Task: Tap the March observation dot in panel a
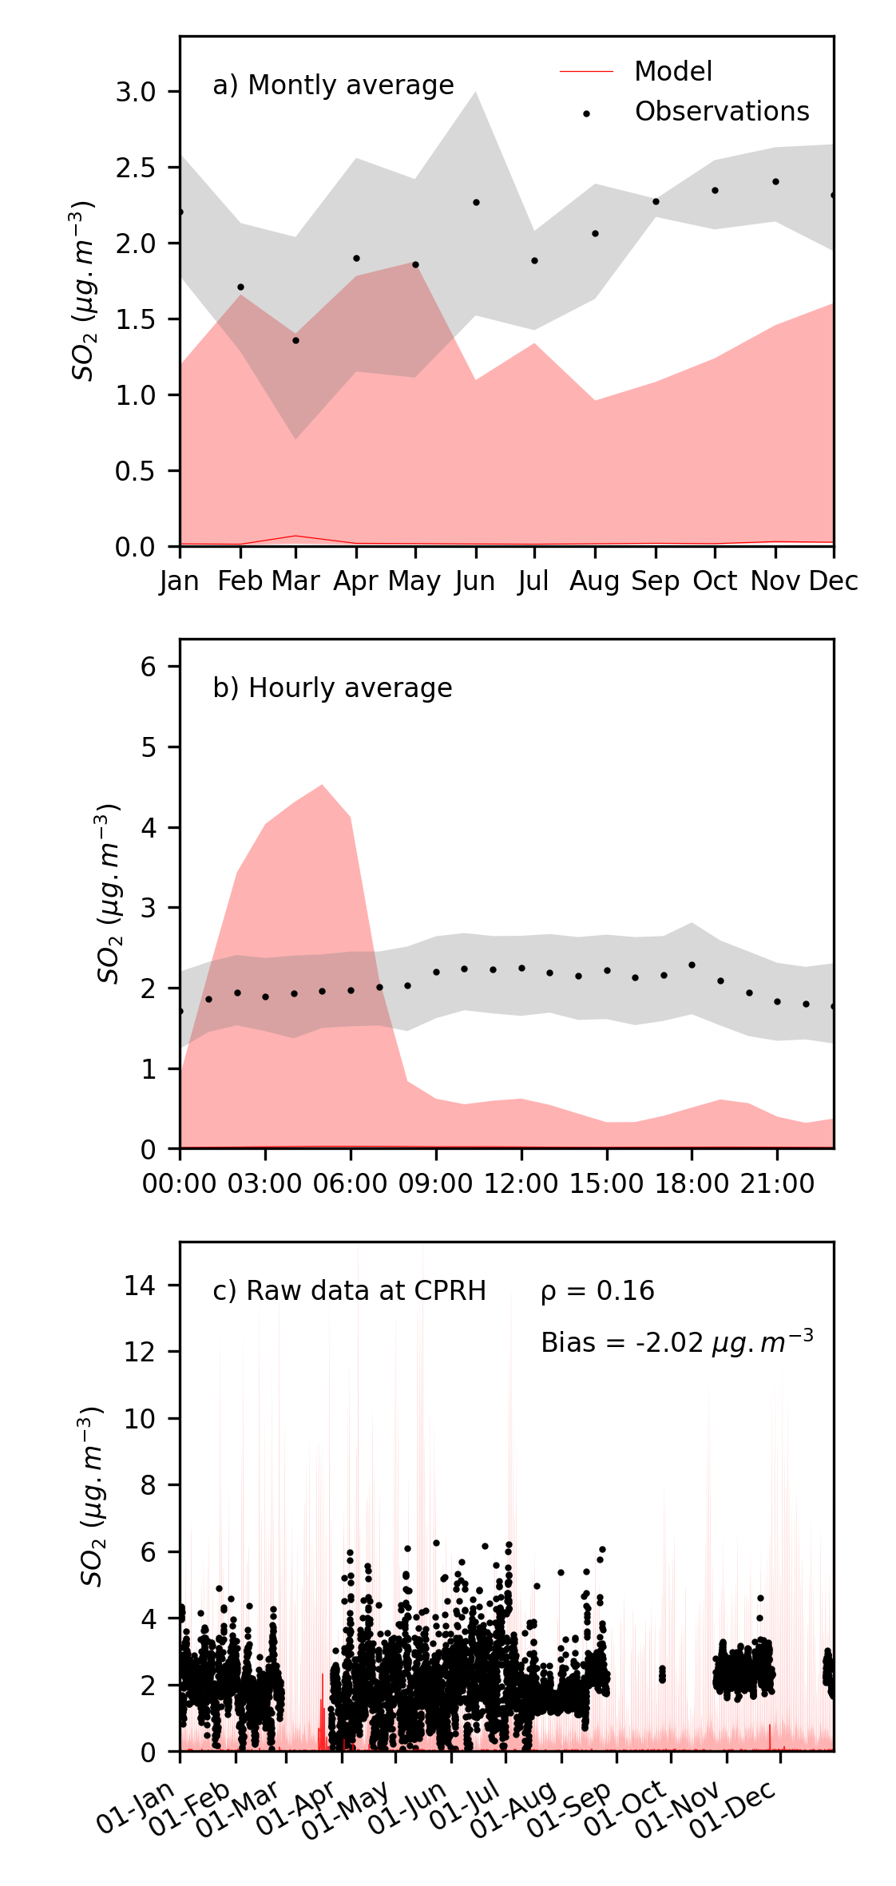pyautogui.click(x=295, y=341)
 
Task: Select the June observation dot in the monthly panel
pyautogui.click(x=476, y=203)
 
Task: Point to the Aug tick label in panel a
pyautogui.click(x=594, y=581)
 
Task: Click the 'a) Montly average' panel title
pyautogui.click(x=333, y=85)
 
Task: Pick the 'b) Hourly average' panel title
pyautogui.click(x=332, y=688)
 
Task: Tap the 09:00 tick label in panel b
pyautogui.click(x=436, y=1184)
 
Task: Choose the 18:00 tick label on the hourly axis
pyautogui.click(x=692, y=1184)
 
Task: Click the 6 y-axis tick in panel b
pyautogui.click(x=149, y=667)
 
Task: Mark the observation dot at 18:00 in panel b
pyautogui.click(x=692, y=965)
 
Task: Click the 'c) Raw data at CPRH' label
pyautogui.click(x=349, y=1291)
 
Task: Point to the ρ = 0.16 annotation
pyautogui.click(x=597, y=1291)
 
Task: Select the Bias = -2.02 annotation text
pyautogui.click(x=676, y=1343)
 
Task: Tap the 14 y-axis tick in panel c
pyautogui.click(x=140, y=1286)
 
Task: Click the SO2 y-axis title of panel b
pyautogui.click(x=109, y=893)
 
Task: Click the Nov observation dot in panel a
pyautogui.click(x=775, y=182)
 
